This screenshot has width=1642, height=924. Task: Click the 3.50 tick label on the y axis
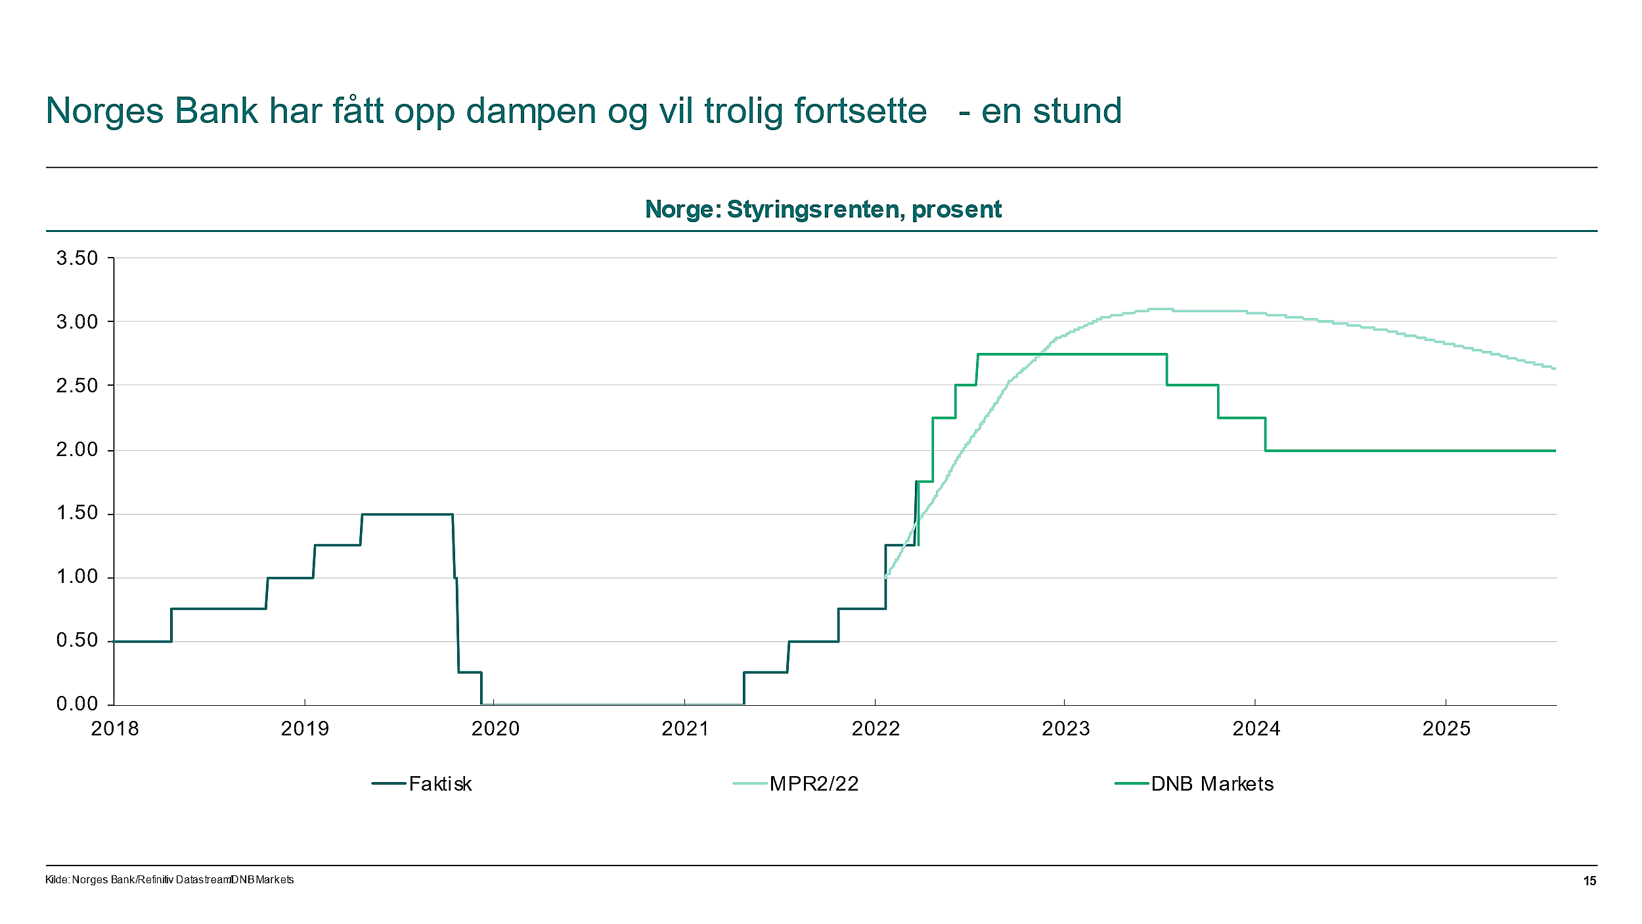(77, 258)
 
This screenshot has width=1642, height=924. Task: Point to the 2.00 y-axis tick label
(77, 450)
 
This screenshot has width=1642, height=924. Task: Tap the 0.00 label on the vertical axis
(77, 704)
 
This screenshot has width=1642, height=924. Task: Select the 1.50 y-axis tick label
(77, 513)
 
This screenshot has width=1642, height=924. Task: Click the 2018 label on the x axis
(115, 729)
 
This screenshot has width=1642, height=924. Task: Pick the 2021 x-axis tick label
(685, 729)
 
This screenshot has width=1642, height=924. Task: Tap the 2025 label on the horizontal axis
(1446, 729)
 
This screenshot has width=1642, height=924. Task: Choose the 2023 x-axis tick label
(1065, 729)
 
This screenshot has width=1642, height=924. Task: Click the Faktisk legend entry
(439, 784)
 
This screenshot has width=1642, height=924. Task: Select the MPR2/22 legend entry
(813, 784)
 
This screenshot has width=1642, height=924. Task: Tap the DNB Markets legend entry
(1212, 784)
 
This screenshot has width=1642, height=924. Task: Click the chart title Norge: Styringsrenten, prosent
(823, 210)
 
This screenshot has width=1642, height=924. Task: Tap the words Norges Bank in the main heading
(152, 112)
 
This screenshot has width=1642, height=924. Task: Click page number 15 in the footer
(1589, 881)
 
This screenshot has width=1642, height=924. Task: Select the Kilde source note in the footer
(169, 880)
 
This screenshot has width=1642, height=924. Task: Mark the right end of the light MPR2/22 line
(1554, 369)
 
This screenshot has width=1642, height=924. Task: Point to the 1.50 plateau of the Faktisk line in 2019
(407, 515)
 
